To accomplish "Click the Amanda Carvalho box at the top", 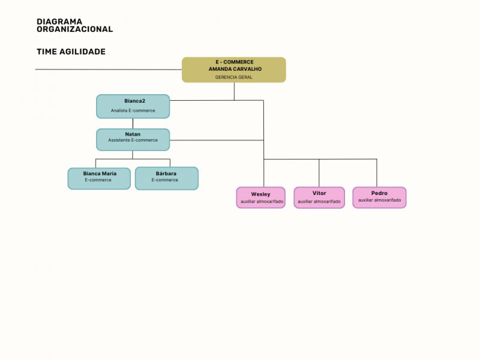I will click(234, 70).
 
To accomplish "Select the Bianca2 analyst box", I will click(133, 106).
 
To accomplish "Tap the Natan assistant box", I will click(133, 139).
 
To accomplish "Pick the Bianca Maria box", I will click(99, 178).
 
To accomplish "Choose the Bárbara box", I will click(166, 178).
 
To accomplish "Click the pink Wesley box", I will click(260, 197).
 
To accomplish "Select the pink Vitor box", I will click(319, 197).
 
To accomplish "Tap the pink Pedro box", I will click(379, 197).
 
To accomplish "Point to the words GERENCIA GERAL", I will click(234, 77).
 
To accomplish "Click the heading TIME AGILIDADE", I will click(71, 52).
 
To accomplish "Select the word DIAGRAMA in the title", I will click(59, 22).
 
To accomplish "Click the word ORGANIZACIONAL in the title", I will click(74, 29).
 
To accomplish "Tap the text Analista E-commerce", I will click(133, 110).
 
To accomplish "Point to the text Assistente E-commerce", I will click(133, 140).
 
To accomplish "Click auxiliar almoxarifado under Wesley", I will click(262, 202).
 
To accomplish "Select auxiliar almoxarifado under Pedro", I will click(380, 200).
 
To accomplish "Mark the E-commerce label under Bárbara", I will click(165, 180).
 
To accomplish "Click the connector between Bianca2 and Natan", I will click(133, 124).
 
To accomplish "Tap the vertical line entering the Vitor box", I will click(319, 174).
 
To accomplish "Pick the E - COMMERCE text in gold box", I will click(235, 62).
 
